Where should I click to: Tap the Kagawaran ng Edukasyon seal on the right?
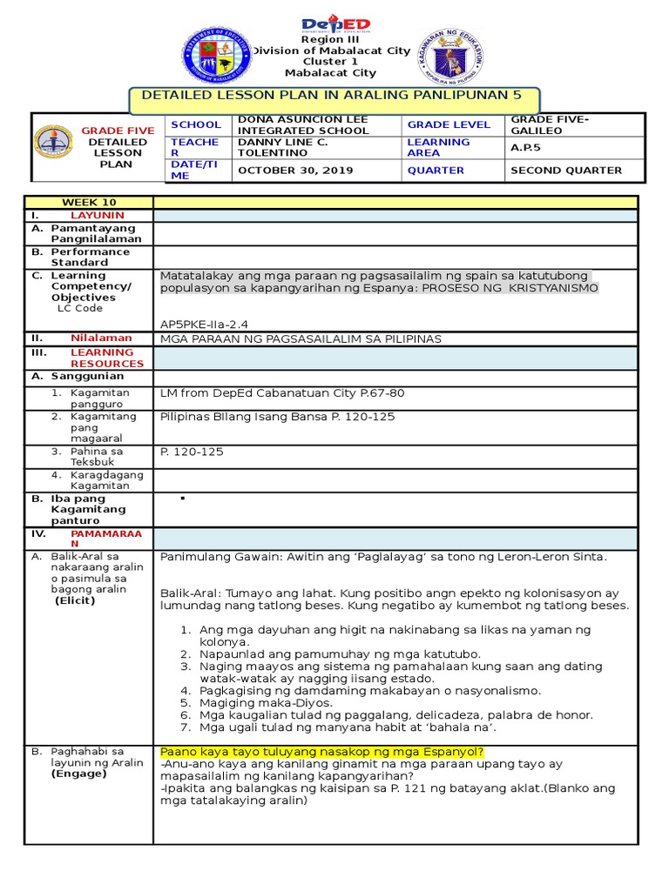pyautogui.click(x=449, y=57)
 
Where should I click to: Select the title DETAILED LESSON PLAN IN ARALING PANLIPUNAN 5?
pyautogui.click(x=335, y=99)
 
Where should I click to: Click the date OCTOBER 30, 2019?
pyautogui.click(x=295, y=171)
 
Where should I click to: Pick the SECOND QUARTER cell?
pyautogui.click(x=566, y=171)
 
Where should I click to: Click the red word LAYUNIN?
pyautogui.click(x=98, y=215)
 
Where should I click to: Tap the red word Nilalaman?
pyautogui.click(x=101, y=338)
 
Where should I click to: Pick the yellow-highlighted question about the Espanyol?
pyautogui.click(x=321, y=752)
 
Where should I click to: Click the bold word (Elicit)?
pyautogui.click(x=74, y=600)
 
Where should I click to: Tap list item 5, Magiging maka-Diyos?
pyautogui.click(x=256, y=702)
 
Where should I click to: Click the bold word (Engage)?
pyautogui.click(x=78, y=773)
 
